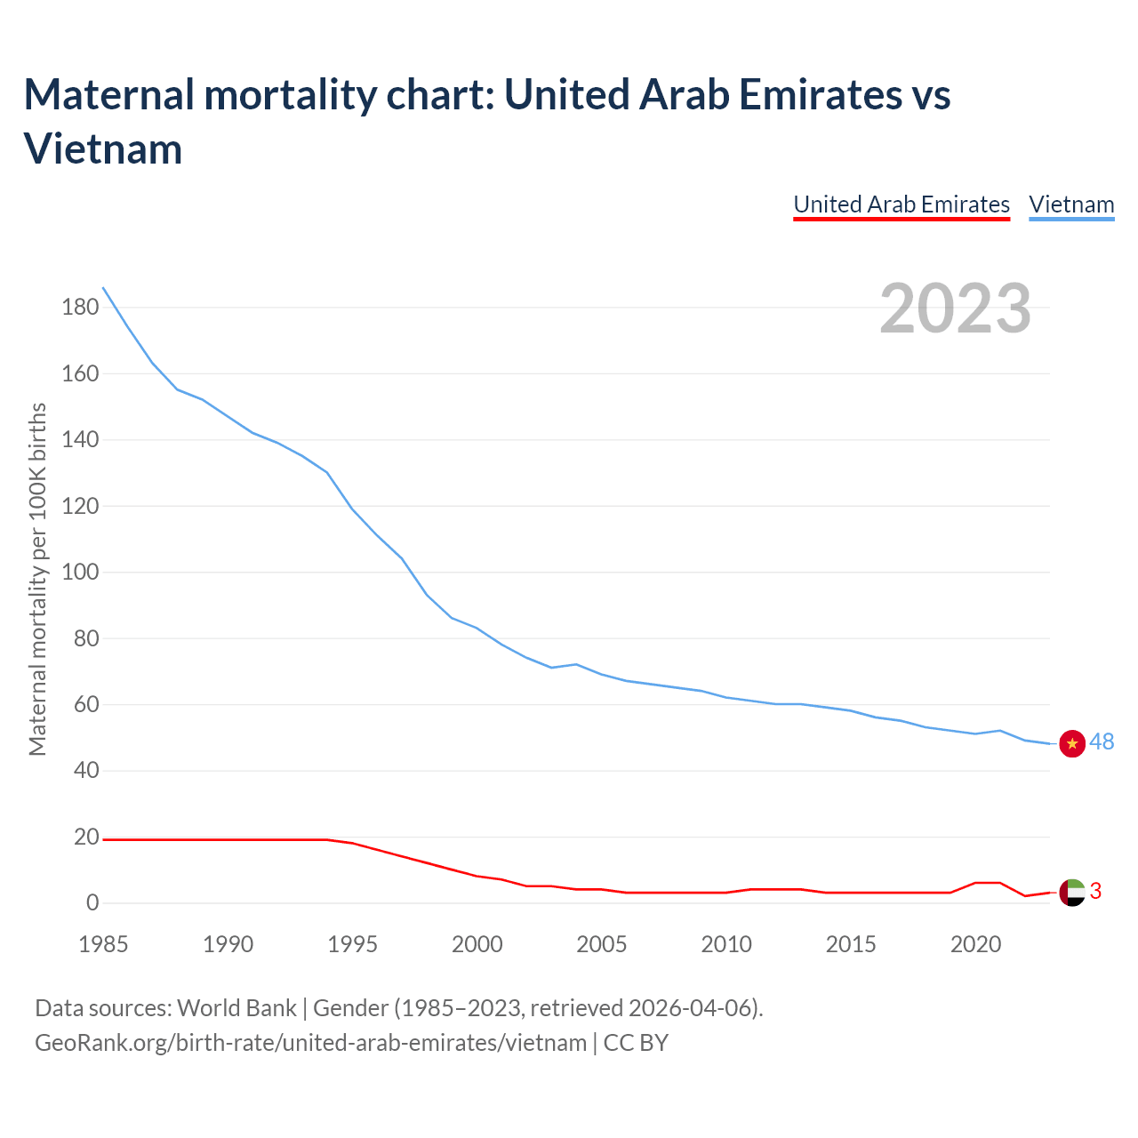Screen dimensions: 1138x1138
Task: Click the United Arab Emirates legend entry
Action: (902, 204)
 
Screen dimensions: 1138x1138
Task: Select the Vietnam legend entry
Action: (1071, 204)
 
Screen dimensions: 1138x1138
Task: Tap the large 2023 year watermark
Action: (956, 309)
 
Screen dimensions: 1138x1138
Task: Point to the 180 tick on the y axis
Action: (80, 308)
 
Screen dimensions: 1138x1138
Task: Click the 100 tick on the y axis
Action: (80, 573)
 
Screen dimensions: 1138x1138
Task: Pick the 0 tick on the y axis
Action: (92, 903)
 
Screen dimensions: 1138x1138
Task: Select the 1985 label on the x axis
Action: (103, 944)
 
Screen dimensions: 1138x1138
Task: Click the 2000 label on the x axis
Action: (477, 944)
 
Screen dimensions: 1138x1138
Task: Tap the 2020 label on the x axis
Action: (976, 944)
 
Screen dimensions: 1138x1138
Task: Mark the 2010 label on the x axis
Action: (726, 944)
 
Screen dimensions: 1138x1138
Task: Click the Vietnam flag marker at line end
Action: (1072, 743)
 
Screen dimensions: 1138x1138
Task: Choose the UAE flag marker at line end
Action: (1072, 892)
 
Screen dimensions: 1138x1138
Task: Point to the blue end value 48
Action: (1102, 741)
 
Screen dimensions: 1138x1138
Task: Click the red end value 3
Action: (1095, 891)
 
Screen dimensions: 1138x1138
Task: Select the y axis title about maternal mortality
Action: (37, 580)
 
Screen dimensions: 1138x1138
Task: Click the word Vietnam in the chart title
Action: (103, 148)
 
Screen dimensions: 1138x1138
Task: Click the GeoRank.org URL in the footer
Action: (310, 1042)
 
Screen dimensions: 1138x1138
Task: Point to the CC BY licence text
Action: (636, 1042)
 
